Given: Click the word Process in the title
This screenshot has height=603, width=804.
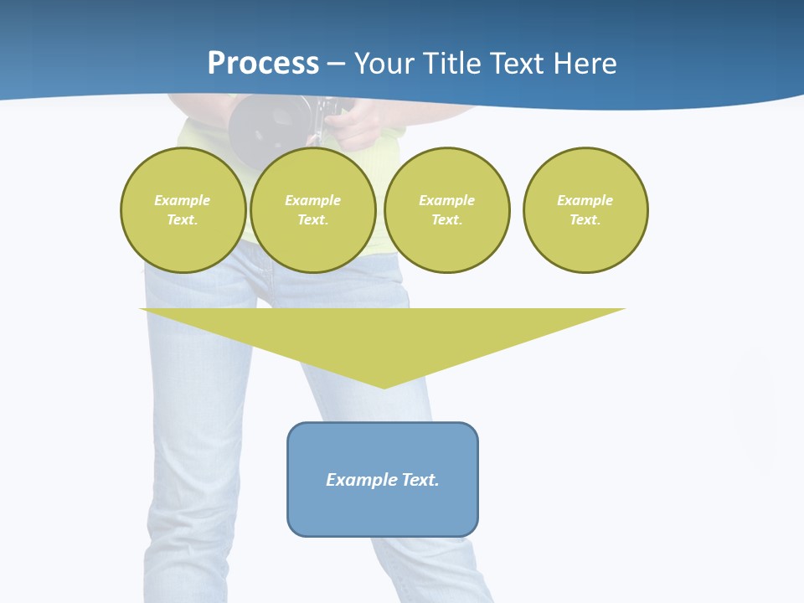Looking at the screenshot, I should point(263,63).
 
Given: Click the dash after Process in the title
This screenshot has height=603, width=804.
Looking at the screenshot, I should point(336,64).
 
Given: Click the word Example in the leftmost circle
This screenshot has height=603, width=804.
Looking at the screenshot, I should point(183,200).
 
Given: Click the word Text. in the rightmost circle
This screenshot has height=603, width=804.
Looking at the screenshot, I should point(585,219).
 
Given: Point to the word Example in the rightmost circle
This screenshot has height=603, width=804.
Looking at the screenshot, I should point(585,200).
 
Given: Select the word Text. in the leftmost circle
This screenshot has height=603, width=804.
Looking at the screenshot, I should point(183,219).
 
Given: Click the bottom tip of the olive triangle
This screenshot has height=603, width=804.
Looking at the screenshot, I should point(384,386).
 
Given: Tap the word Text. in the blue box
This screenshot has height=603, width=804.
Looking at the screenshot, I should point(420,480).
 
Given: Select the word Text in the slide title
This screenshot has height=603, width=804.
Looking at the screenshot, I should point(520,64).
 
